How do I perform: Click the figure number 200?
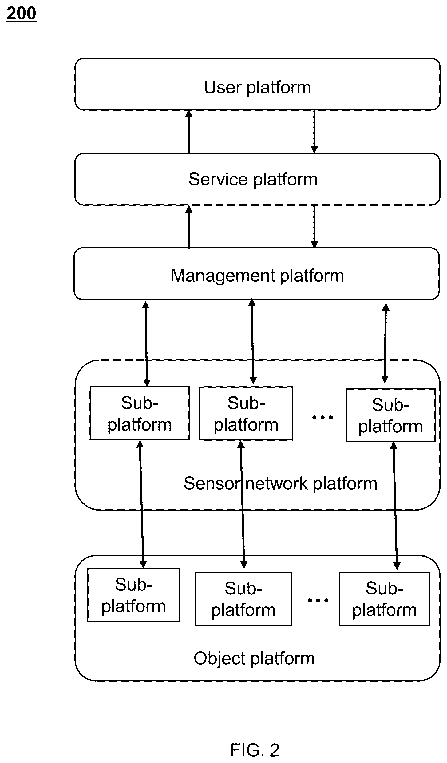pyautogui.click(x=22, y=14)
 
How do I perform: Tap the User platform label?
pyautogui.click(x=257, y=88)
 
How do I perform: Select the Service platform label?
pyautogui.click(x=253, y=179)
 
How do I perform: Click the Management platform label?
pyautogui.click(x=257, y=276)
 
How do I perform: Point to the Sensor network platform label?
pyautogui.click(x=280, y=483)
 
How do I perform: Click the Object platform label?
pyautogui.click(x=254, y=658)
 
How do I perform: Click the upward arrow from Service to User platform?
pyautogui.click(x=189, y=132)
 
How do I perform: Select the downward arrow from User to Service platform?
pyautogui.click(x=314, y=132)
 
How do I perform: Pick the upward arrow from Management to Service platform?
pyautogui.click(x=189, y=227)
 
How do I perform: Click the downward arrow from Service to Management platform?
pyautogui.click(x=314, y=227)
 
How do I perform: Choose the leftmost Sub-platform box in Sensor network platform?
pyautogui.click(x=140, y=413)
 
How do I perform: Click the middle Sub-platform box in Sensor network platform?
pyautogui.click(x=246, y=413)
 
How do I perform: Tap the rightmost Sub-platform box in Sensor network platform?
pyautogui.click(x=391, y=415)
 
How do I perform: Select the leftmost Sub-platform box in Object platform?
pyautogui.click(x=134, y=595)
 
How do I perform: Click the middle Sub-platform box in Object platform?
pyautogui.click(x=243, y=599)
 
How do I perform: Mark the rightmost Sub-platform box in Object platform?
pyautogui.click(x=384, y=599)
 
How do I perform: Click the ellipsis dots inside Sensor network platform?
pyautogui.click(x=322, y=418)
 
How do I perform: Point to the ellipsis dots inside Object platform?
pyautogui.click(x=318, y=600)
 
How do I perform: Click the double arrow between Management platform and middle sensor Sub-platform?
pyautogui.click(x=252, y=342)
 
